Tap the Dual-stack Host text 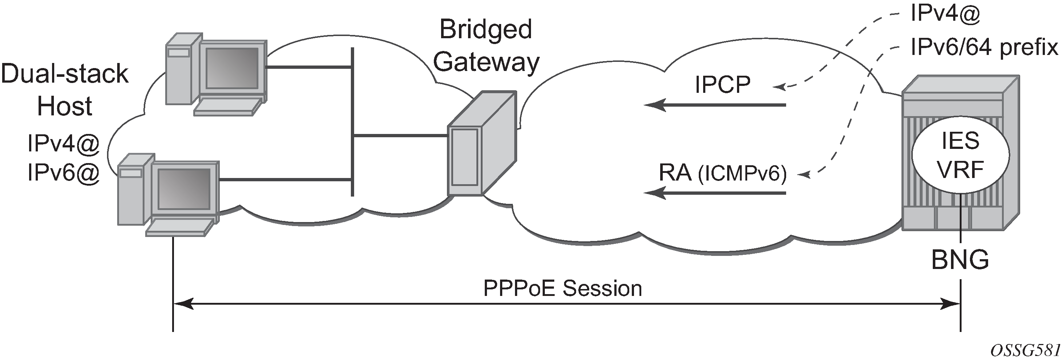click(65, 90)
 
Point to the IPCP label click(722, 85)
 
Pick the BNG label click(960, 260)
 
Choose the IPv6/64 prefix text click(984, 48)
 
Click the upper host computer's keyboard click(228, 107)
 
